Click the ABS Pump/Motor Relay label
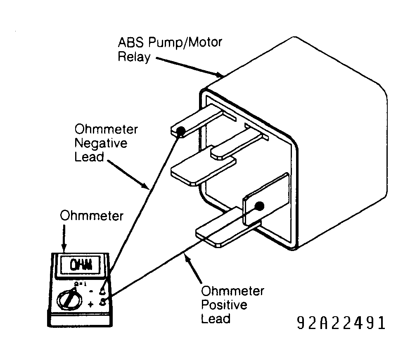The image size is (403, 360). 170,50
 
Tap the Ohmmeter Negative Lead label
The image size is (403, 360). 106,143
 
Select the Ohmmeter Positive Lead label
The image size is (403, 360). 232,305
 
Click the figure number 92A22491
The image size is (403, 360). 341,323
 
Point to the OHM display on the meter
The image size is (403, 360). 81,265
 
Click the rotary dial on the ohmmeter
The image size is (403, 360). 69,300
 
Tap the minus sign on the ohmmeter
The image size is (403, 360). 91,291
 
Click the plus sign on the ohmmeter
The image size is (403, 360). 90,305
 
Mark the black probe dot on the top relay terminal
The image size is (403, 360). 181,131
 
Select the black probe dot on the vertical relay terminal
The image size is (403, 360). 259,206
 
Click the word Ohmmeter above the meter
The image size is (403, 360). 92,216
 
